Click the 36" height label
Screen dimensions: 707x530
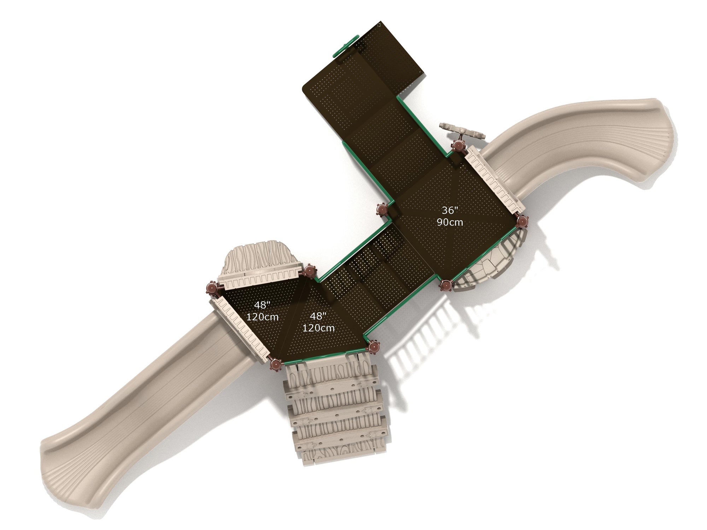tap(450, 210)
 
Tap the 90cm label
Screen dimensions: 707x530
tap(450, 222)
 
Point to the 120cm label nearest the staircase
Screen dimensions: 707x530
tap(319, 328)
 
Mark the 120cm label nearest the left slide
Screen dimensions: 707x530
tap(263, 317)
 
